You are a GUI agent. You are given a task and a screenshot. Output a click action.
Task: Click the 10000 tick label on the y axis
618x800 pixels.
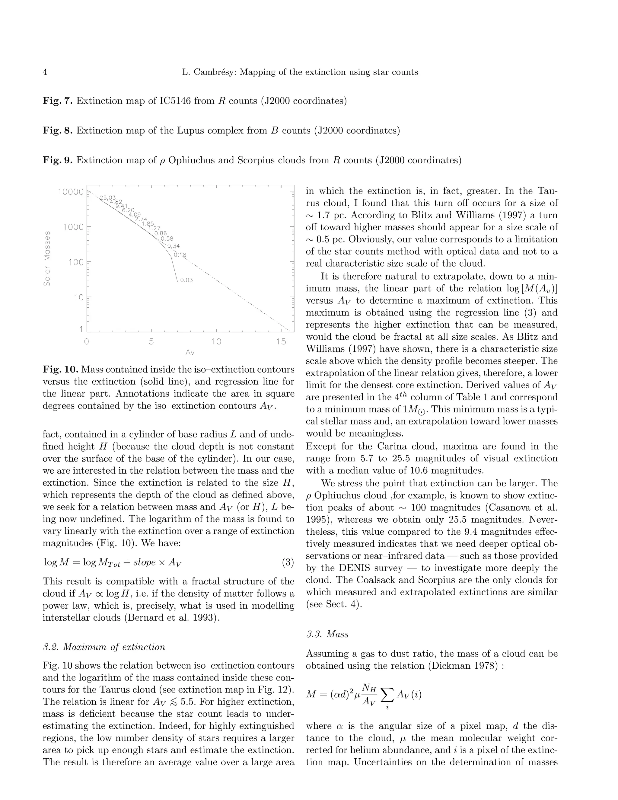pyautogui.click(x=71, y=192)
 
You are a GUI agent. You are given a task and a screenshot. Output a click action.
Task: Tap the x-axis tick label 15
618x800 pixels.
pyautogui.click(x=281, y=342)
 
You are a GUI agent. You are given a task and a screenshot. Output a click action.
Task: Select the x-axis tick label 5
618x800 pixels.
pyautogui.click(x=151, y=342)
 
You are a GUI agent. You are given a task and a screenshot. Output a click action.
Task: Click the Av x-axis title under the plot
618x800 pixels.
pyautogui.click(x=190, y=353)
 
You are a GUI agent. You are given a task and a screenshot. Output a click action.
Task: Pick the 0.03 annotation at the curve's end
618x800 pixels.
pyautogui.click(x=186, y=280)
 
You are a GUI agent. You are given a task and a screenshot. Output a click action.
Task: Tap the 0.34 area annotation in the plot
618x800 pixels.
pyautogui.click(x=174, y=246)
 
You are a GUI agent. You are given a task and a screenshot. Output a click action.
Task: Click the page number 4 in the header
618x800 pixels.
pyautogui.click(x=45, y=72)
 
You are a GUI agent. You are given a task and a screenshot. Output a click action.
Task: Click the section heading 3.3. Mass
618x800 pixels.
pyautogui.click(x=327, y=634)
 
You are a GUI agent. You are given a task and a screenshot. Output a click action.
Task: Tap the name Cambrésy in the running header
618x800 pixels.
pyautogui.click(x=215, y=72)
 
